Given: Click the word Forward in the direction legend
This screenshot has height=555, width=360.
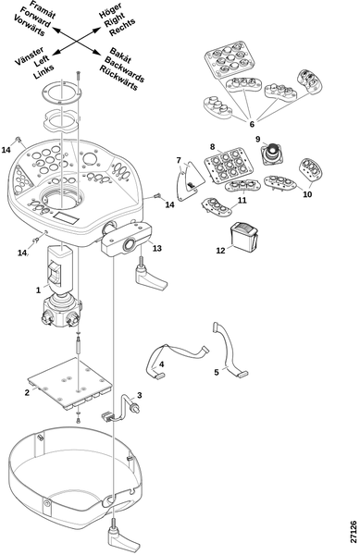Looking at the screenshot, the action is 35,17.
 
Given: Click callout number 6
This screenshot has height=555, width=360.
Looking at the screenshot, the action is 252,124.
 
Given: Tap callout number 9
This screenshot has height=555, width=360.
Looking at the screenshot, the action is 258,139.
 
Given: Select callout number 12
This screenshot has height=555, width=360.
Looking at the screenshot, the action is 220,251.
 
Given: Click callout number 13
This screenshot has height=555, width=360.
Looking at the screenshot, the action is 156,248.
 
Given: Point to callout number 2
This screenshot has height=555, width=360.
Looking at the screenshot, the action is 27,392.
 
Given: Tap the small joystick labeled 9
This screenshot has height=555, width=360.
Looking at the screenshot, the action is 273,154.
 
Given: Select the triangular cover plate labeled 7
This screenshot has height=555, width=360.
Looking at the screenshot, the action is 191,180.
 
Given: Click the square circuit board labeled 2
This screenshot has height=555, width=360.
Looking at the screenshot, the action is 69,383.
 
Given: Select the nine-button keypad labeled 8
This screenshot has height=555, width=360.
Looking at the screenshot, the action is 228,165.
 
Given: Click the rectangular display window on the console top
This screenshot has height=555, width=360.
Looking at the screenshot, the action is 67,217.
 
